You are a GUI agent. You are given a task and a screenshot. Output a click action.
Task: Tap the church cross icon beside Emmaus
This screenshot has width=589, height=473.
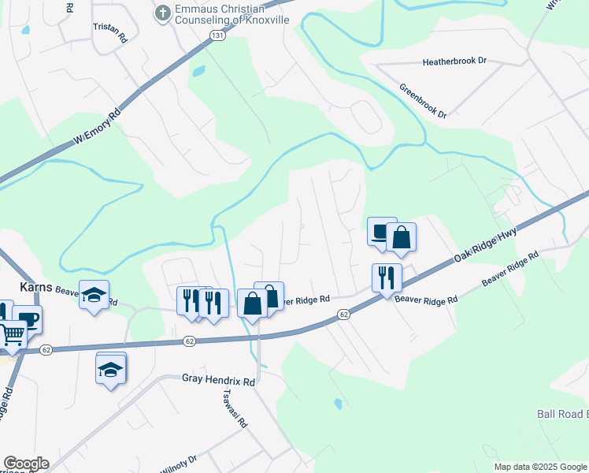click(163, 13)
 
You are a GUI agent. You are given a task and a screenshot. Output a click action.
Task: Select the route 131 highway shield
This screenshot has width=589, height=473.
click(217, 36)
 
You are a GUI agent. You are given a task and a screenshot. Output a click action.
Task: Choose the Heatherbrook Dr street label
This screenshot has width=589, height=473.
click(455, 61)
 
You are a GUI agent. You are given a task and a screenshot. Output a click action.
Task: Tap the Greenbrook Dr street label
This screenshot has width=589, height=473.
click(423, 101)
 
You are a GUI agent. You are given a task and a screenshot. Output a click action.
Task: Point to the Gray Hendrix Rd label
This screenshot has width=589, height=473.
click(219, 381)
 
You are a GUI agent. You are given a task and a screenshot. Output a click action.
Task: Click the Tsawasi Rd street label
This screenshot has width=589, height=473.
click(235, 408)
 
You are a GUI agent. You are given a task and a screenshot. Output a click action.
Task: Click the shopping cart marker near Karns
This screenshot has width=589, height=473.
click(13, 334)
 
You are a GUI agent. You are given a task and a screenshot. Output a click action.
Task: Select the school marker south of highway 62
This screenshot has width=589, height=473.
click(111, 369)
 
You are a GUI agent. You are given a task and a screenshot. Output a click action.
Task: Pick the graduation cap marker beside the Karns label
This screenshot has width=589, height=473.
click(94, 295)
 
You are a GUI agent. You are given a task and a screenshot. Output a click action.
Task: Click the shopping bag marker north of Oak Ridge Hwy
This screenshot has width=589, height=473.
click(401, 236)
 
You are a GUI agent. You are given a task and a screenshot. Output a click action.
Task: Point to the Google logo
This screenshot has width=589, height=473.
click(26, 464)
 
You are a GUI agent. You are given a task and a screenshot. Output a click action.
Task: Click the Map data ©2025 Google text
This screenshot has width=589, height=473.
click(541, 467)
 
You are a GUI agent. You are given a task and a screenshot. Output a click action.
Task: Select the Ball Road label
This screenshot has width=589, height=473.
click(562, 414)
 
